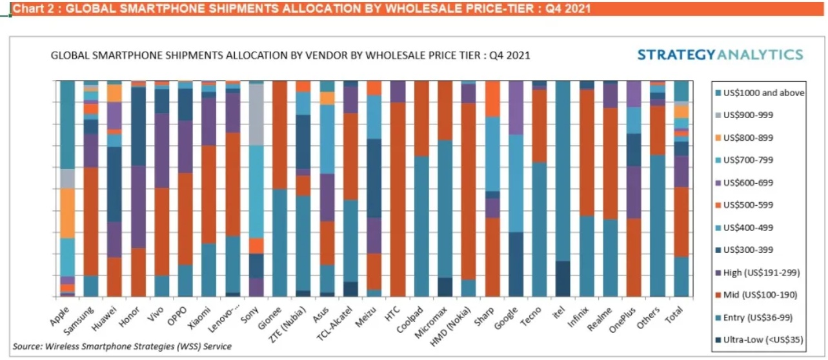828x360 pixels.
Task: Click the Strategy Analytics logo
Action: pos(720,55)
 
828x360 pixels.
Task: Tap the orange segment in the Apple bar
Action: pos(67,213)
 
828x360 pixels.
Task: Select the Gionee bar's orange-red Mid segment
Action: pos(281,135)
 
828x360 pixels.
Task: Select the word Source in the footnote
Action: pos(28,346)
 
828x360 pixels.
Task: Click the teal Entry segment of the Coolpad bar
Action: pos(421,226)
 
